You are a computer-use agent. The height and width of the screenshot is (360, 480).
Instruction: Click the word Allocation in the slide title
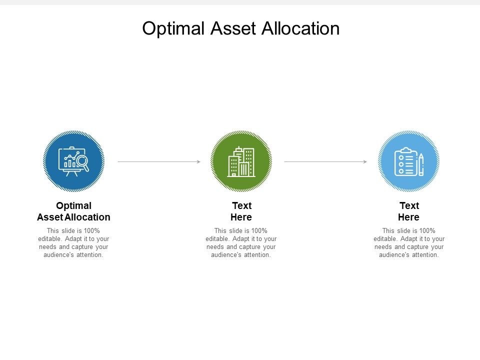coord(300,28)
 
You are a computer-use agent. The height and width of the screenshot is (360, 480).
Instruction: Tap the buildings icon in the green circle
coord(241,162)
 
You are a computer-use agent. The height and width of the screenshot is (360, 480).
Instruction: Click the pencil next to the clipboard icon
coord(421,164)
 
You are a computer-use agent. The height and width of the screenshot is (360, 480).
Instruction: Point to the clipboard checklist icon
coord(405,162)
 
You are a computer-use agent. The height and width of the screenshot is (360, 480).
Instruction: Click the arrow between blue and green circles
coord(159,161)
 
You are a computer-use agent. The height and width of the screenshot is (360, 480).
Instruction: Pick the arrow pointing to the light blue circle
coord(325,161)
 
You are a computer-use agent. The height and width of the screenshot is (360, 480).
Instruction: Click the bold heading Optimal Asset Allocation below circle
coord(73,211)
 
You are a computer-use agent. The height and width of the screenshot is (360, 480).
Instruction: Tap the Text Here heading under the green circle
coord(241,211)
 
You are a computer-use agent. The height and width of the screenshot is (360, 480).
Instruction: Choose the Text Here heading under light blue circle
coord(408,211)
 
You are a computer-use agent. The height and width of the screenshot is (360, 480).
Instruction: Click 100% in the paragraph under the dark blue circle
coord(90,230)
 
